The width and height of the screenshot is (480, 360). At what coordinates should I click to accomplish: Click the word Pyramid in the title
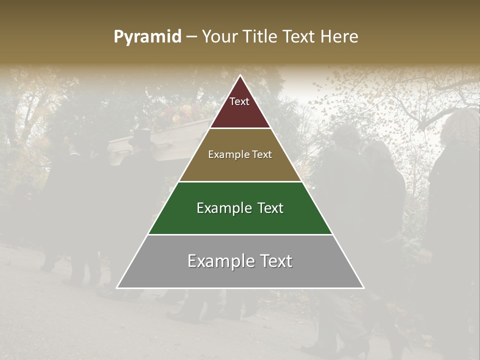(147, 37)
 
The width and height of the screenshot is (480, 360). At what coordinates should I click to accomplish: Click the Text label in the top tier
(239, 102)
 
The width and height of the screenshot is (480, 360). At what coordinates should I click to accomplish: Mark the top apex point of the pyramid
(240, 76)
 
